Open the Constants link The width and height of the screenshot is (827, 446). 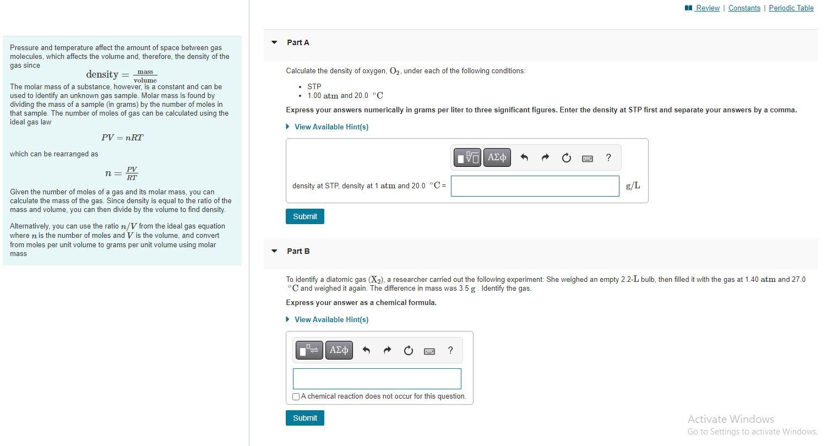744,8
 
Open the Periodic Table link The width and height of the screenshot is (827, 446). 791,8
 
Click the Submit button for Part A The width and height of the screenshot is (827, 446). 305,216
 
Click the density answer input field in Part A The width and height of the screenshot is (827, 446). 535,186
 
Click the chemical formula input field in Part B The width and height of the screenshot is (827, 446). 377,379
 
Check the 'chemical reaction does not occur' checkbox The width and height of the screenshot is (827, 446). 296,396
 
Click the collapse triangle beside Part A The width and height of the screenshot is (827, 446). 274,42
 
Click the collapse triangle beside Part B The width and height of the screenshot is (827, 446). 274,251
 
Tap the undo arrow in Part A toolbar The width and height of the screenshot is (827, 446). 524,158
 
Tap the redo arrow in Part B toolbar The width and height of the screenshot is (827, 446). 387,351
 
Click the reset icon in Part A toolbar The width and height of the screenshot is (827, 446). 566,158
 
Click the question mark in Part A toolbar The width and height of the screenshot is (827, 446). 608,157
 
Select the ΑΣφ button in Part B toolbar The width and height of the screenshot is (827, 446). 339,350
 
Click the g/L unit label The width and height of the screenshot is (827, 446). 633,186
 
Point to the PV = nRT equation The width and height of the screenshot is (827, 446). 122,138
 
